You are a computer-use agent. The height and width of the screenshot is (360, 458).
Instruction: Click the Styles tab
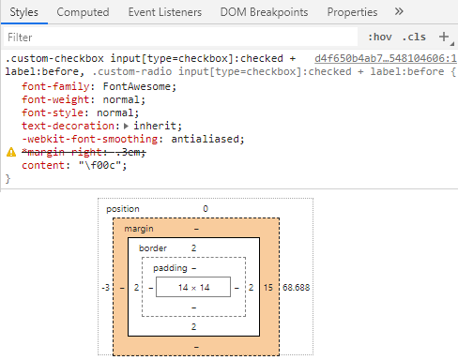[23, 12]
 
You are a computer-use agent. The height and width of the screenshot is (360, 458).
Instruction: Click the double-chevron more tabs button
[399, 12]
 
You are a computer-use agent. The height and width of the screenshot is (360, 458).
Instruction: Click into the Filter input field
[178, 37]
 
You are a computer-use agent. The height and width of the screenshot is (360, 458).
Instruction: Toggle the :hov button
[380, 37]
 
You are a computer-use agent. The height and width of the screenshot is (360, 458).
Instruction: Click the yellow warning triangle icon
[11, 152]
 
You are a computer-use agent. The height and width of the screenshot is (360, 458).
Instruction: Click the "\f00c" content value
[100, 165]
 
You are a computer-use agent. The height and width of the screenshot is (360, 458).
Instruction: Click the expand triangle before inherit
[127, 126]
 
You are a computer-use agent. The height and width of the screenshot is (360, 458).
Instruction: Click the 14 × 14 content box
[193, 287]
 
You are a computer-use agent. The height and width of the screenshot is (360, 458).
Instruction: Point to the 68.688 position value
[297, 287]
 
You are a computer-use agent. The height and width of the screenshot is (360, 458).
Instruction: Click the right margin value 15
[268, 287]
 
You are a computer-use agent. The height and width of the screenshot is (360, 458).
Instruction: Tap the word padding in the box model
[169, 268]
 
